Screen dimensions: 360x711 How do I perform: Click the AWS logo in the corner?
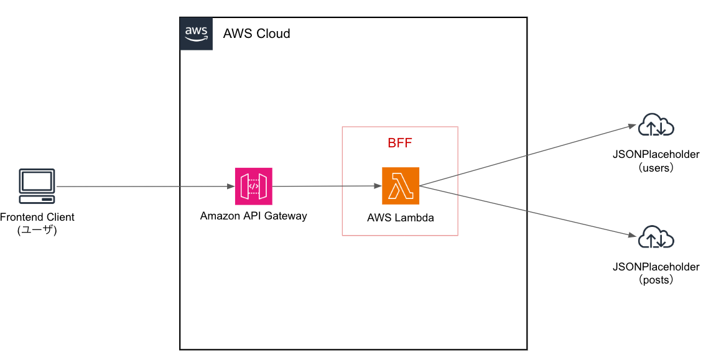click(196, 34)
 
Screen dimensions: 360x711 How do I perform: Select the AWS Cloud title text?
click(256, 34)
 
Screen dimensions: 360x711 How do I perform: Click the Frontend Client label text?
click(37, 218)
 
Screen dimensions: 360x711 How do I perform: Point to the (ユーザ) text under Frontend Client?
click(37, 230)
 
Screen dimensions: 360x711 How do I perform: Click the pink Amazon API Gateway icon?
click(253, 186)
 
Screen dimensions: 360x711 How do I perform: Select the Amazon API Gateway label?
click(253, 216)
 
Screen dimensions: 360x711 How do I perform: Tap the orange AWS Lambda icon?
click(400, 186)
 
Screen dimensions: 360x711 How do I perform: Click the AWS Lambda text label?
click(400, 218)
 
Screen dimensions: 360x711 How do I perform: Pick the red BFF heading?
click(400, 143)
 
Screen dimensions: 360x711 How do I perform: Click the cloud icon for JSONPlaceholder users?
click(656, 126)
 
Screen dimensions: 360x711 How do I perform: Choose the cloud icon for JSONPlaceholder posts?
click(656, 238)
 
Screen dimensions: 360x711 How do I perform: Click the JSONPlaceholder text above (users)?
click(656, 155)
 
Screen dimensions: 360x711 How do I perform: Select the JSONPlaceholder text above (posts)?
click(656, 267)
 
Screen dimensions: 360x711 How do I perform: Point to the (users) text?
click(656, 168)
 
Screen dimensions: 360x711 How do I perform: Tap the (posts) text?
click(656, 280)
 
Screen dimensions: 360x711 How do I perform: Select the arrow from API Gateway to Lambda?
click(327, 186)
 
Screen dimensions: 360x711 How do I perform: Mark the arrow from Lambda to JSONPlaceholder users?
click(529, 155)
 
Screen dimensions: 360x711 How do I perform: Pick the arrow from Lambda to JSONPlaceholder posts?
click(529, 210)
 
